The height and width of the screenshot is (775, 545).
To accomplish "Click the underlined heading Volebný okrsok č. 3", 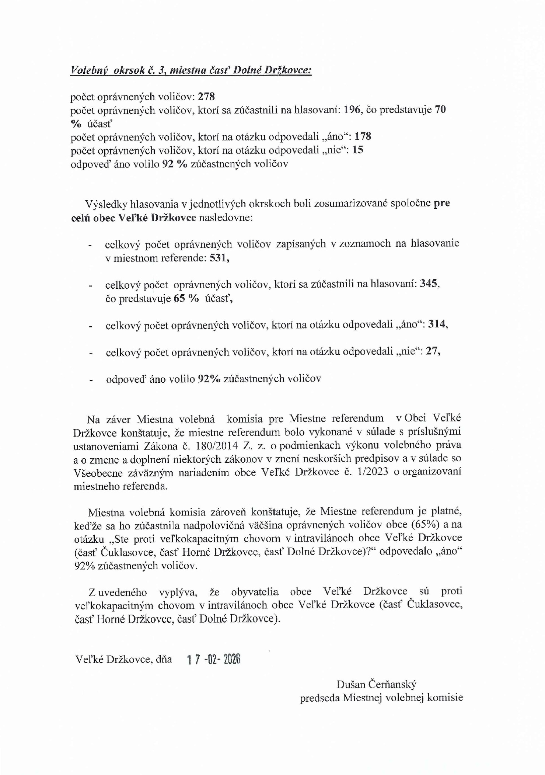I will coord(191,70).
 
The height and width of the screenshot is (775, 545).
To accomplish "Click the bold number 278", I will coord(206,97).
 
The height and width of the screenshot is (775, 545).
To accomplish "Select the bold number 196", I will coord(352,110).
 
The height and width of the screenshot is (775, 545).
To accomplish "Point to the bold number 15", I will coord(358,150).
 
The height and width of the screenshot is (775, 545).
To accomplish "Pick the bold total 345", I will coord(429,284).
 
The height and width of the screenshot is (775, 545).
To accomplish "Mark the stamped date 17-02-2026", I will coord(214,659).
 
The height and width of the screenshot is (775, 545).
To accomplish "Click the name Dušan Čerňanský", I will coord(376,684).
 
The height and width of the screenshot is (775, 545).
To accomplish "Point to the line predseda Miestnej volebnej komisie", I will coord(381,698).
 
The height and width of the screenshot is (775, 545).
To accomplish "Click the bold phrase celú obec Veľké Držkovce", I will coord(133,217).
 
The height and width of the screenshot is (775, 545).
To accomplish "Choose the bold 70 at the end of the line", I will coord(440,110).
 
